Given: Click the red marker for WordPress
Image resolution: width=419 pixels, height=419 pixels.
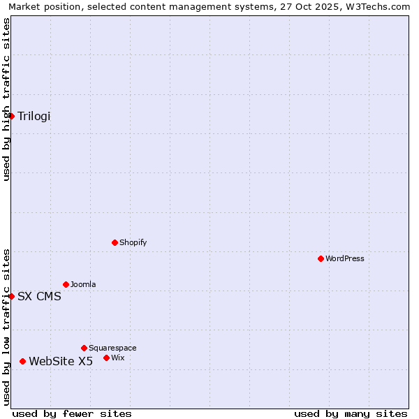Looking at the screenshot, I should (x=321, y=258).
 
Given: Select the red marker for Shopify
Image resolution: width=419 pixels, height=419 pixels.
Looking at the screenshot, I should (x=115, y=242).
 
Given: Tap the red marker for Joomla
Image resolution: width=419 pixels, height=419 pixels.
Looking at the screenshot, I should (x=66, y=284).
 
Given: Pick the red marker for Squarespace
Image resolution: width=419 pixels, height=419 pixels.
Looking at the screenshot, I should (x=84, y=348).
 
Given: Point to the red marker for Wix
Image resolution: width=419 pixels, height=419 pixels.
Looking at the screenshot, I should (x=106, y=358).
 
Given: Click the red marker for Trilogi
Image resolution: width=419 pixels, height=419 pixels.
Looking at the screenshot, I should (x=12, y=116).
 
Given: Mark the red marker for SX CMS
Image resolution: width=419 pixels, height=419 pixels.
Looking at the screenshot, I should (x=12, y=296).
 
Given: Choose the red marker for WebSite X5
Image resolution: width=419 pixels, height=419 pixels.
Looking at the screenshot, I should (x=23, y=361).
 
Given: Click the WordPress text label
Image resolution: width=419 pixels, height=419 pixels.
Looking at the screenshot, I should (x=345, y=258).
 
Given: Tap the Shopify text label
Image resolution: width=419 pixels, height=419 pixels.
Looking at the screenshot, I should (x=133, y=242).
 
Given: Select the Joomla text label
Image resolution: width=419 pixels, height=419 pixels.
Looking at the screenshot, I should (x=83, y=284).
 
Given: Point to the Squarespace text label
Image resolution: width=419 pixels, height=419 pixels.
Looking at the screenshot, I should (x=112, y=348).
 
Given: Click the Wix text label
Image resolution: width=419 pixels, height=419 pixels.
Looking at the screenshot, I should (x=117, y=358).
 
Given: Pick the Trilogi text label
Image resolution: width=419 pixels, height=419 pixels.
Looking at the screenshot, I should (x=34, y=116).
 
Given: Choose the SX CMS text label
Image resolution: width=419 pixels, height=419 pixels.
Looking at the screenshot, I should (x=39, y=296).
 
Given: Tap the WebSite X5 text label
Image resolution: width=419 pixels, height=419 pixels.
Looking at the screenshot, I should (x=61, y=361).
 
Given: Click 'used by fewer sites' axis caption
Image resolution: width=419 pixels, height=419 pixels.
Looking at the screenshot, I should (x=72, y=413).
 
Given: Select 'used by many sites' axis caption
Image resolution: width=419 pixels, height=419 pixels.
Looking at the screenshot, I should (x=351, y=413).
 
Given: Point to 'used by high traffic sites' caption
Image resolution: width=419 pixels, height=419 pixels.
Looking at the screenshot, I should (x=6, y=99).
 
